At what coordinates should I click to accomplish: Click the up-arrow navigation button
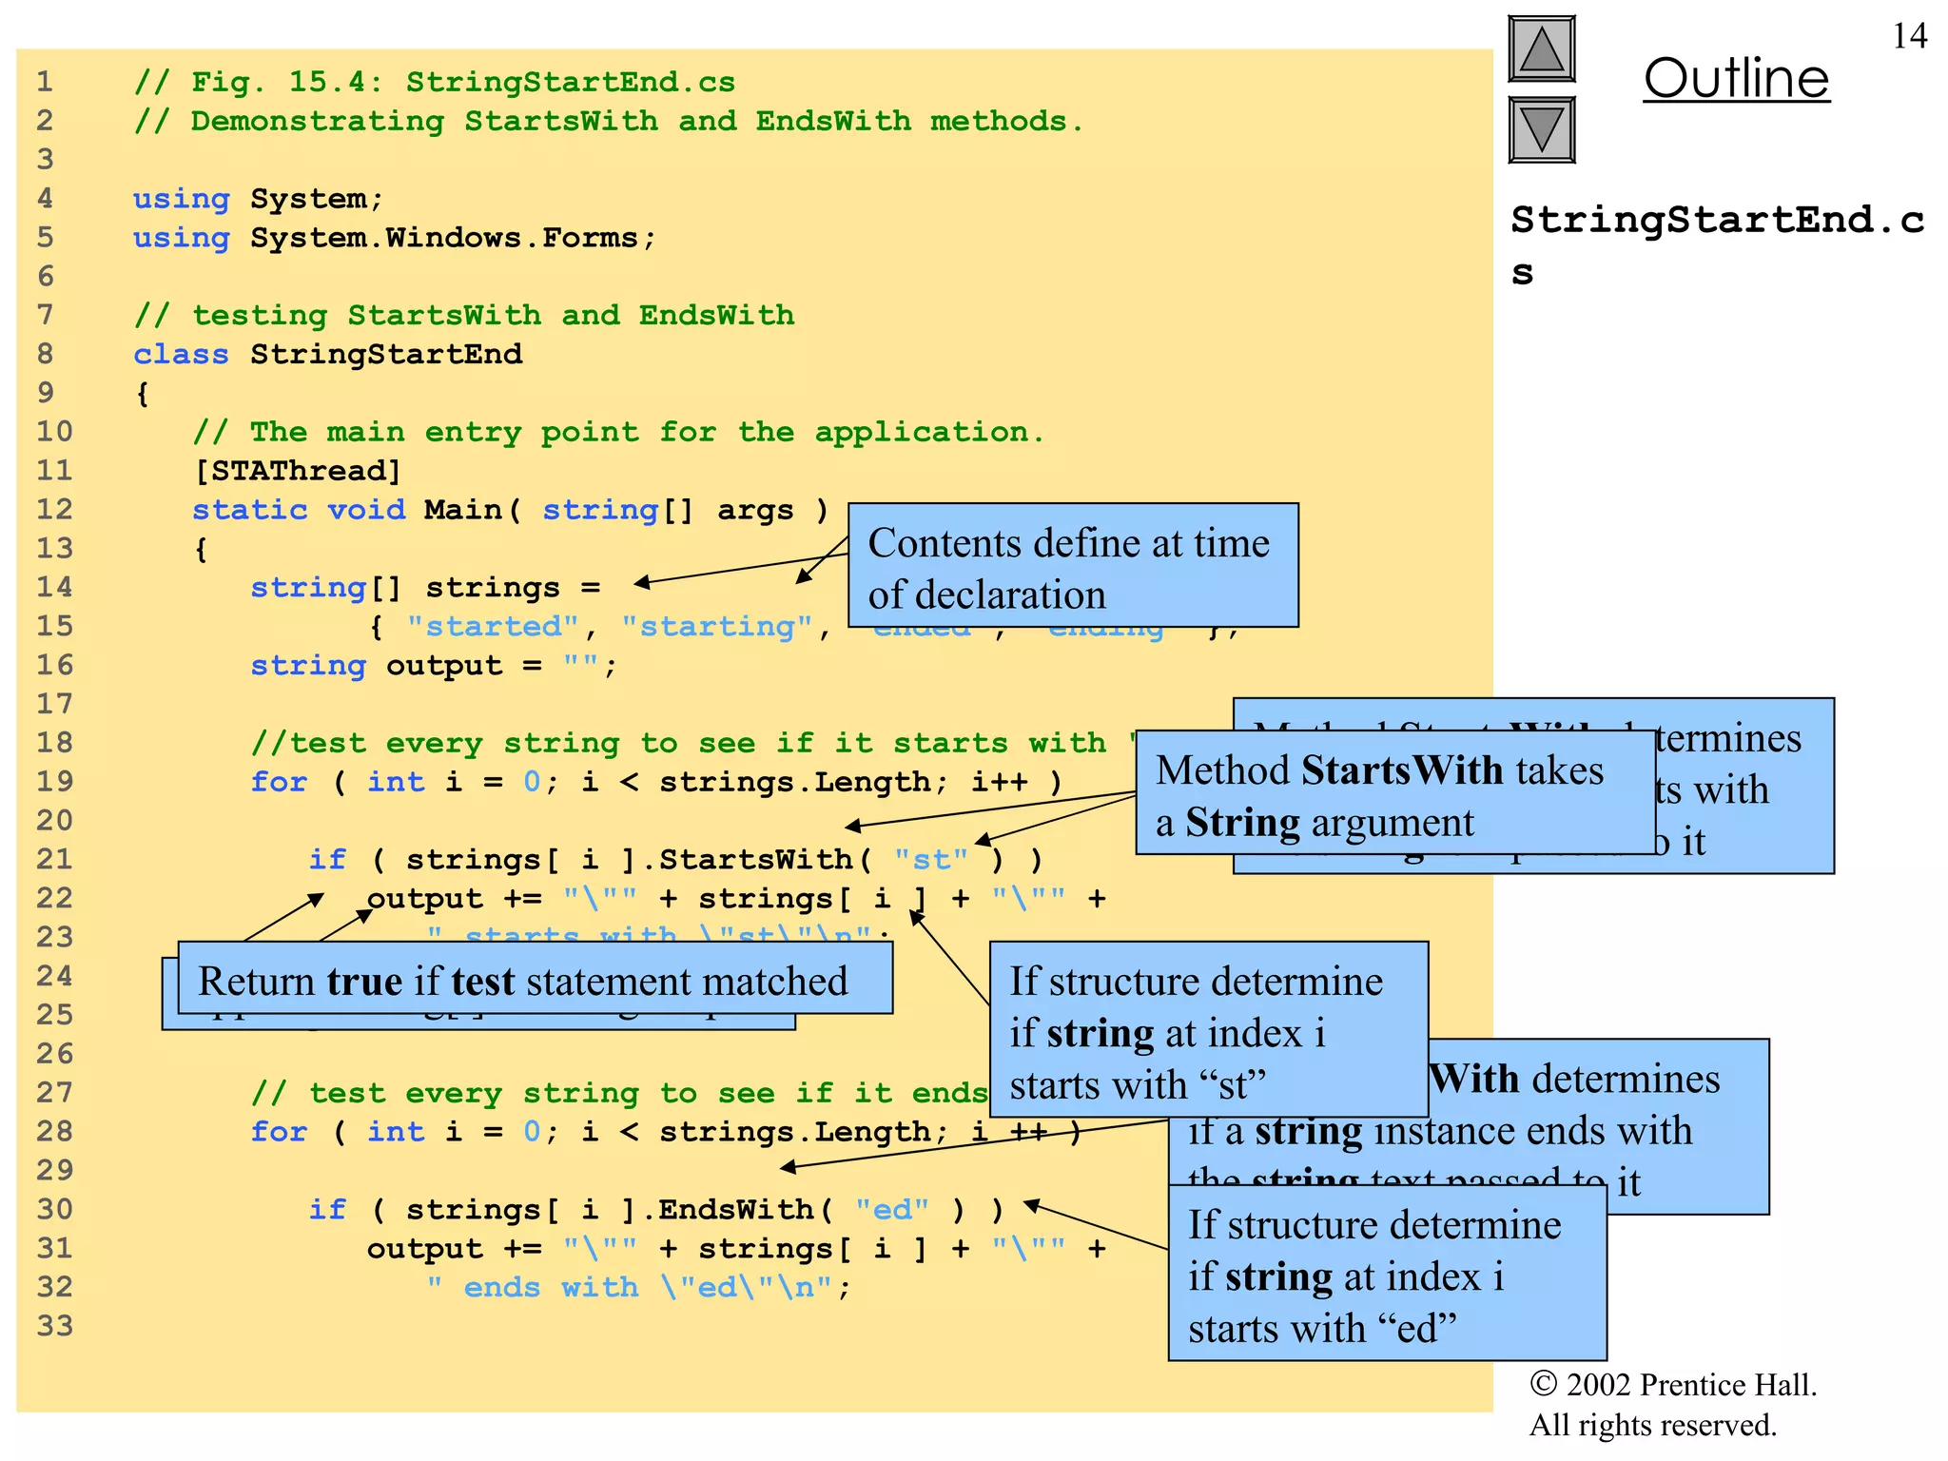coord(1541,49)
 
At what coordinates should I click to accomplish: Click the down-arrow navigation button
coord(1541,129)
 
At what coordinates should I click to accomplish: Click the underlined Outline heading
coord(1736,78)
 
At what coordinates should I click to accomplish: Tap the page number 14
coord(1909,36)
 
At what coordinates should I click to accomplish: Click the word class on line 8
coord(181,354)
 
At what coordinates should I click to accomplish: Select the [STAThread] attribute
coord(297,471)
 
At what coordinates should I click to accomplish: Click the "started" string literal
coord(492,626)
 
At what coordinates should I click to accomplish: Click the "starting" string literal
coord(716,626)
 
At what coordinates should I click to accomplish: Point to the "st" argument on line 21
coord(930,859)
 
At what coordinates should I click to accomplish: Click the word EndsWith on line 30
coord(735,1209)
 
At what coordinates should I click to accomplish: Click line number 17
coord(54,704)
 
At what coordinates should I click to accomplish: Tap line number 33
coord(54,1325)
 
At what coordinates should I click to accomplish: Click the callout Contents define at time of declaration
coord(1072,567)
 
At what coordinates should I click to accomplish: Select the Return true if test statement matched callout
coord(523,981)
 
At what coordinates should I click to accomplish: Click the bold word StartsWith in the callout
coord(1404,769)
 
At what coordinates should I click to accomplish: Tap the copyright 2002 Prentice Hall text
coord(1672,1385)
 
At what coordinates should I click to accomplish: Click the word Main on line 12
coord(462,510)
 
